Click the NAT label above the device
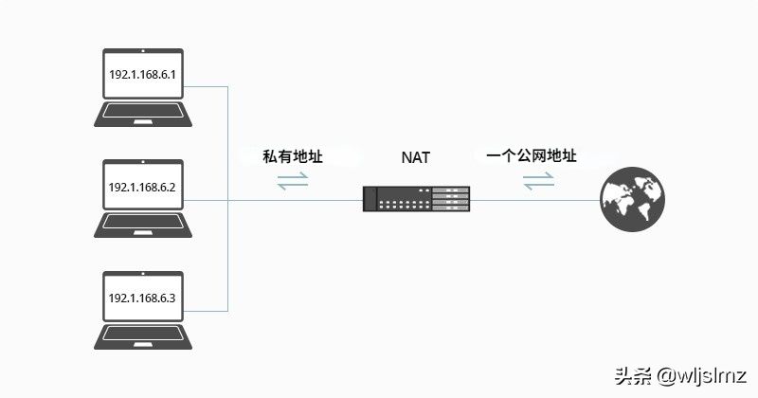tap(415, 157)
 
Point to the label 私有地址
tap(293, 156)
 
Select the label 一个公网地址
tap(531, 155)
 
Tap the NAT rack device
tap(416, 199)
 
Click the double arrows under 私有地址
tap(293, 180)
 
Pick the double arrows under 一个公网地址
tap(538, 180)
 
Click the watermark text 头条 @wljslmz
tap(680, 374)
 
